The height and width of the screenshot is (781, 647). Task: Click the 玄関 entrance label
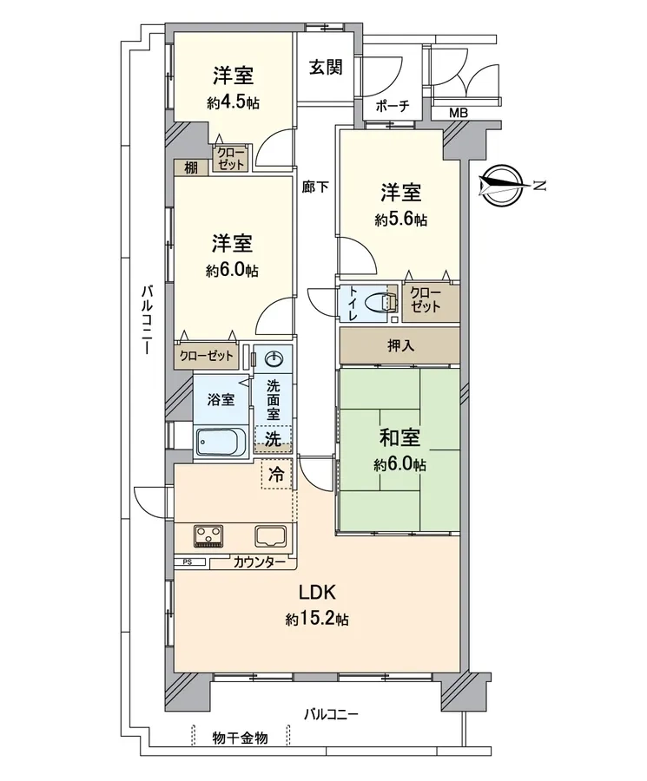coord(326,67)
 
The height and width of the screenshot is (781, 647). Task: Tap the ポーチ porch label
coord(393,106)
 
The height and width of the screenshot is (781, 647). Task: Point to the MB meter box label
coord(459,113)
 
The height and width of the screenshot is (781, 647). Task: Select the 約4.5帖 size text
coord(234,103)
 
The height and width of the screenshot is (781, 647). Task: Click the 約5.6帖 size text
coord(401,220)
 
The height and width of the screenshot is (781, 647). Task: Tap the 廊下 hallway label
coord(315,187)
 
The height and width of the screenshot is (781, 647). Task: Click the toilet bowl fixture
coord(381,302)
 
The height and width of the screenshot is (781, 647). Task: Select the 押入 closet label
coord(400,345)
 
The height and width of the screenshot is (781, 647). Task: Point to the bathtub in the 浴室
coord(221,440)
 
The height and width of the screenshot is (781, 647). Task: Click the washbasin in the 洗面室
coord(275,358)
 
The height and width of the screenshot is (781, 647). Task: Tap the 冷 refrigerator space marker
coord(276,474)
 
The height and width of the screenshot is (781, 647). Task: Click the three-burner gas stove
coord(208,536)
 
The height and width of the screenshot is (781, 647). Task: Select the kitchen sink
coord(271,536)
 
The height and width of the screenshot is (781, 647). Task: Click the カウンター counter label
coord(259,562)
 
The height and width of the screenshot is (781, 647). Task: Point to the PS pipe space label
coord(188,561)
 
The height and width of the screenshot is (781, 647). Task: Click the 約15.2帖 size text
coord(317,620)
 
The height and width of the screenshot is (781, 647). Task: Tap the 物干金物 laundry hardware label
coord(241,738)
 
